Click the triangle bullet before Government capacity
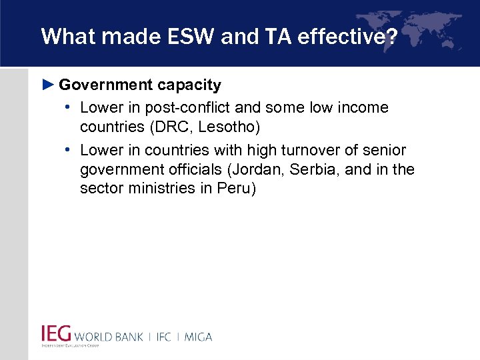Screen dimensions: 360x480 pos(47,85)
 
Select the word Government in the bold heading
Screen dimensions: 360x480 pos(105,85)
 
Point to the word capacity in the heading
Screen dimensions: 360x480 pos(189,85)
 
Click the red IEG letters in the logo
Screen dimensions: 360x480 pos(56,333)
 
